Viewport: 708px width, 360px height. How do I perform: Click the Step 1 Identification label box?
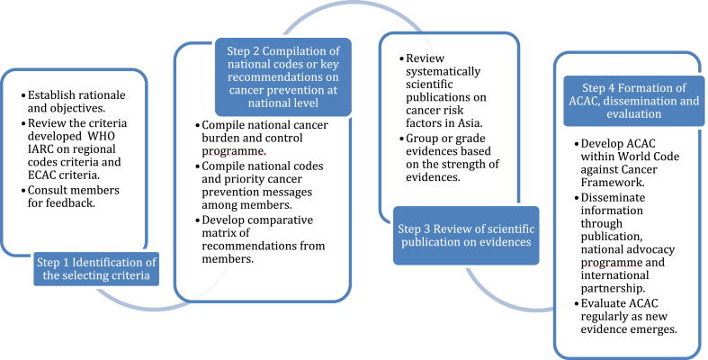point(96,269)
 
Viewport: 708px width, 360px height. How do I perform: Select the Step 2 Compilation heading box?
point(283,76)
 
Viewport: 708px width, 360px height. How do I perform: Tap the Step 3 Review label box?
point(466,235)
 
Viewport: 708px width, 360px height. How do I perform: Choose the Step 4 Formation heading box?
point(634,101)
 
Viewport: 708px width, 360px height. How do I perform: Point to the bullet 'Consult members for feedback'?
point(70,196)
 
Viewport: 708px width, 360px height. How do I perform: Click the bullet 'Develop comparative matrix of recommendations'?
point(260,239)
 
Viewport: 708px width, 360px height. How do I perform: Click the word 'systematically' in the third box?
point(443,71)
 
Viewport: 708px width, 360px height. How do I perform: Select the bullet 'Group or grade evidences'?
point(449,157)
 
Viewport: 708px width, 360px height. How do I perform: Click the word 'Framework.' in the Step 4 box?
point(613,183)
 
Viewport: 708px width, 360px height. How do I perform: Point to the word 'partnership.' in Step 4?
point(614,288)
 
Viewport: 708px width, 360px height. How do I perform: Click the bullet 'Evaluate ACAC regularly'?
point(626,316)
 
